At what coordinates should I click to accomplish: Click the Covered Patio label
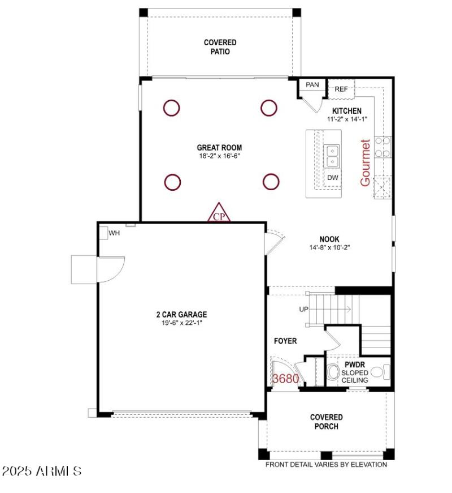pos(220,47)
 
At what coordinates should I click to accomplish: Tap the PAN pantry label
pos(312,85)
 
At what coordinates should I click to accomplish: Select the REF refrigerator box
pos(341,89)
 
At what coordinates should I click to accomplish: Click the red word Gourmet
pos(366,162)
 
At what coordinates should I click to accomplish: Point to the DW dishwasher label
pos(333,178)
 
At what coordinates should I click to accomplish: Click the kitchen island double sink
pos(332,156)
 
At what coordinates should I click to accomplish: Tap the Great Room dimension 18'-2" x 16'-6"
pos(220,156)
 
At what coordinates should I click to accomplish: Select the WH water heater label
pos(114,233)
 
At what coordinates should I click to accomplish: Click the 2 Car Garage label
pos(181,315)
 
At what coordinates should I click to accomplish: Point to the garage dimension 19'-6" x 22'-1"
pos(181,323)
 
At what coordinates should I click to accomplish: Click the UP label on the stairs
pos(304,310)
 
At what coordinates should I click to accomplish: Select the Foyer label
pos(285,341)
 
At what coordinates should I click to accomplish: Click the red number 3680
pos(285,379)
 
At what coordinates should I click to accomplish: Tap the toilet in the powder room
pos(333,372)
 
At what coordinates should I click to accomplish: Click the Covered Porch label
pos(326,422)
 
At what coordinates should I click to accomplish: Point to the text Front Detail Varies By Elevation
pos(327,465)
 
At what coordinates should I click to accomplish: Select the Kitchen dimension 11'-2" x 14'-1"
pos(347,119)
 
